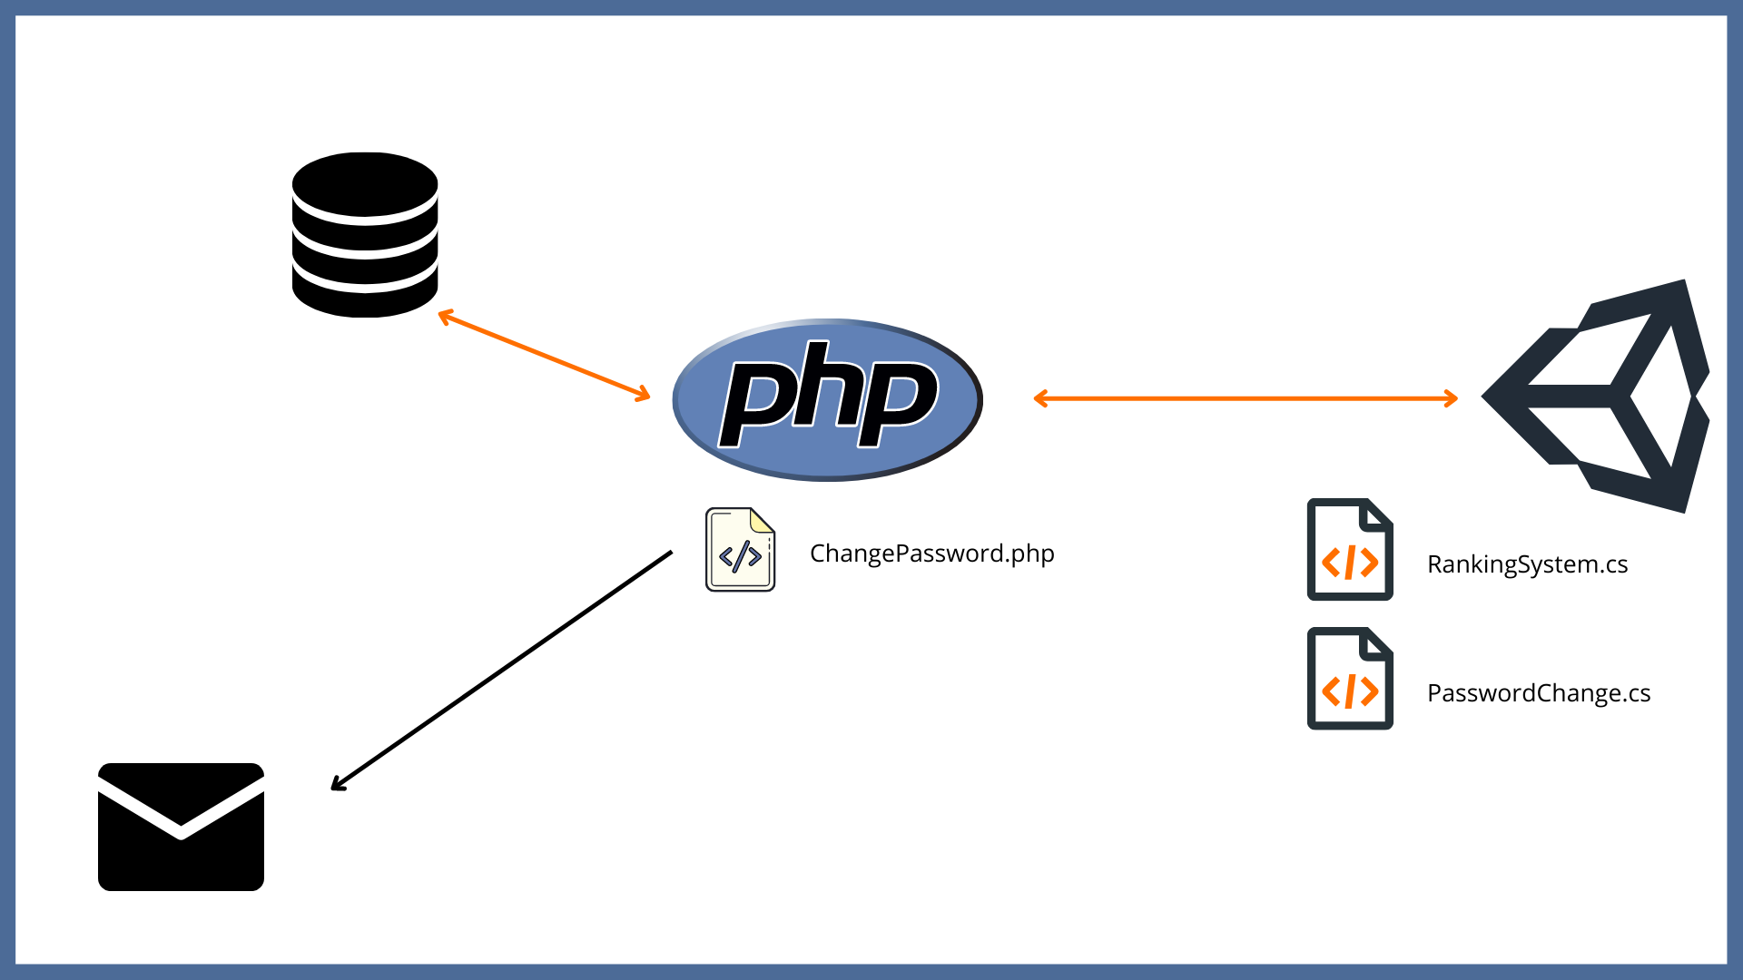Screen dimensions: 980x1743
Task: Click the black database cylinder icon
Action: coord(365,236)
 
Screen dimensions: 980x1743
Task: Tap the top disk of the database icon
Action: coord(365,184)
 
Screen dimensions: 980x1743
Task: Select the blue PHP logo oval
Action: coord(827,399)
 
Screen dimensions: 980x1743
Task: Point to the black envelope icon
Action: coord(181,827)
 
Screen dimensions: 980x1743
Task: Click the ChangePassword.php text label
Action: coord(931,554)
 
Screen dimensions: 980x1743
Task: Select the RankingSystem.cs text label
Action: coord(1527,564)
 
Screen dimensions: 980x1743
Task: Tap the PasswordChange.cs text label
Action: coord(1538,693)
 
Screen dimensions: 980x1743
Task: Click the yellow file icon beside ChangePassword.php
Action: coord(740,550)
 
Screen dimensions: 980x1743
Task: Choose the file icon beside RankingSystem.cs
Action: coord(1350,550)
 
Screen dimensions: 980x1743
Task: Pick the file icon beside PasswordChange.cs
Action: coord(1350,679)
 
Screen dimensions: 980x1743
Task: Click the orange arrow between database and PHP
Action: coord(544,355)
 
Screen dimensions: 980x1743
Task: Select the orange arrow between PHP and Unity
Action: coord(1246,398)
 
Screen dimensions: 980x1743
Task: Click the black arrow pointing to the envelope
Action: coord(502,670)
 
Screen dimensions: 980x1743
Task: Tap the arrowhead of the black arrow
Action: coord(337,785)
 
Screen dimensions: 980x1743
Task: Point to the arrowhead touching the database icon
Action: coord(444,316)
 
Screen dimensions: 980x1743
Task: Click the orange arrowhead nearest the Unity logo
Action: coord(1452,398)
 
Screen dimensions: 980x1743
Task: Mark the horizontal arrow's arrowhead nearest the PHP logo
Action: coord(1040,398)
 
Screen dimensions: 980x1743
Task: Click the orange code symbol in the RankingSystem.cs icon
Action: coord(1350,563)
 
